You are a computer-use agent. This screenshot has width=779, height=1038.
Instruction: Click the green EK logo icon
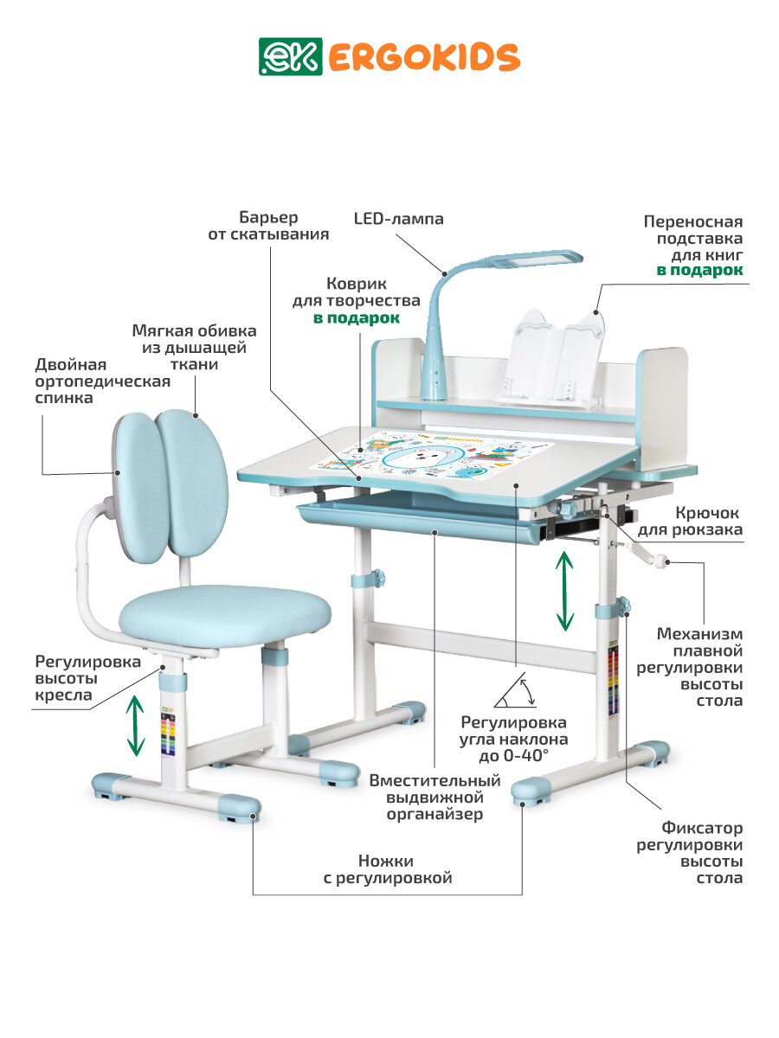point(278,56)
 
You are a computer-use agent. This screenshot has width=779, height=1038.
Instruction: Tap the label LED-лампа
point(398,219)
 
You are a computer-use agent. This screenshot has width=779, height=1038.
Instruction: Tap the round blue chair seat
point(225,615)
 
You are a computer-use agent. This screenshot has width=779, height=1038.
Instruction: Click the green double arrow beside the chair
point(136,726)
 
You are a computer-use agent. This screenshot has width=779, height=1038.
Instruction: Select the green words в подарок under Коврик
point(357,318)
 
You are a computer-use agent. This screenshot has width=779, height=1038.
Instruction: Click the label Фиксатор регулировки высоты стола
point(689,853)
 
